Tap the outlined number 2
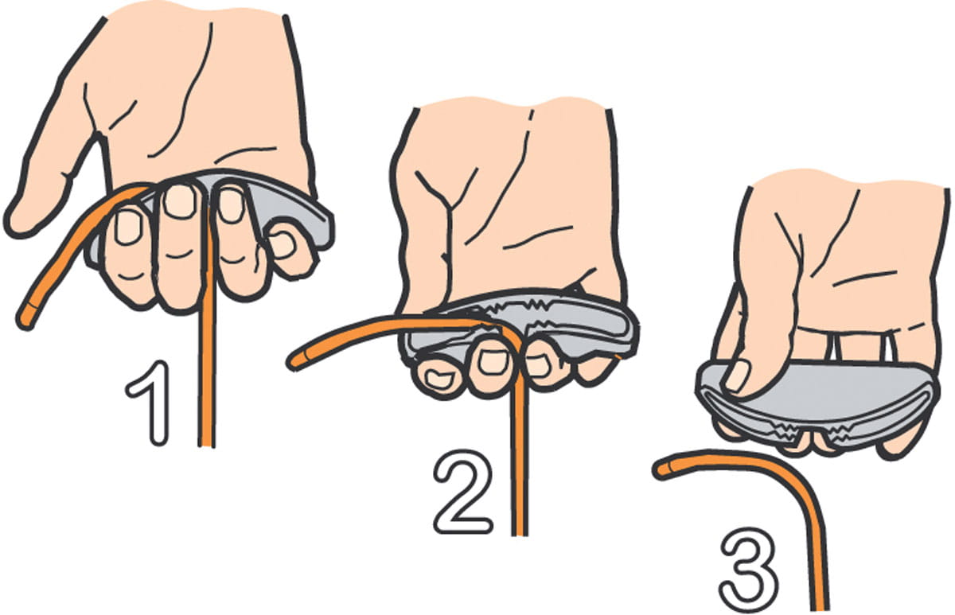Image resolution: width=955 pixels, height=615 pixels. [x=462, y=491]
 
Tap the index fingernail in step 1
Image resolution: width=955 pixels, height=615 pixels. [x=128, y=228]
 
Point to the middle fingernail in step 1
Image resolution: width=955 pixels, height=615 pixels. [x=180, y=201]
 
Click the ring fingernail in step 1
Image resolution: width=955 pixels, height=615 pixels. [x=231, y=205]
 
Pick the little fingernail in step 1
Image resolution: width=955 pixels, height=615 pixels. [x=283, y=244]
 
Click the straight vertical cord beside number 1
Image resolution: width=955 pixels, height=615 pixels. [x=207, y=324]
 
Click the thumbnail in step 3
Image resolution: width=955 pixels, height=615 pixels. [x=737, y=375]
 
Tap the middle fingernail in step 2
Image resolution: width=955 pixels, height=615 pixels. [x=492, y=361]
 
